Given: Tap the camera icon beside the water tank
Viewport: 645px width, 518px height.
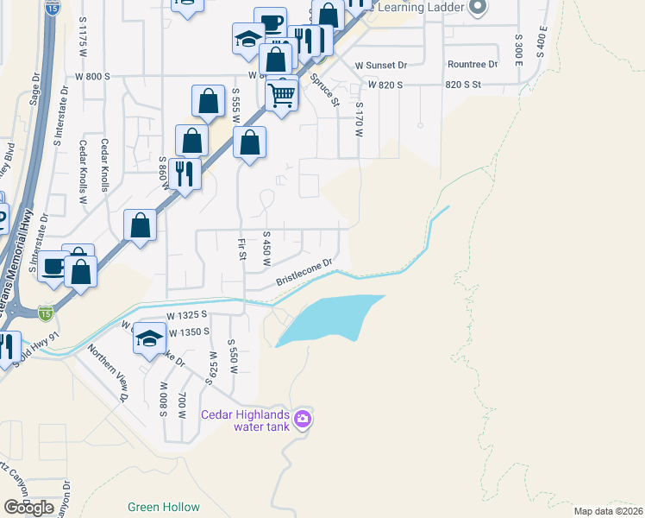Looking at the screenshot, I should coord(302,420).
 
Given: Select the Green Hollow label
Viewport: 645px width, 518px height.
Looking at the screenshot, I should coord(164,507).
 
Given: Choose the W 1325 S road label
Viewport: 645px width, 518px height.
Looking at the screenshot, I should coord(190,317).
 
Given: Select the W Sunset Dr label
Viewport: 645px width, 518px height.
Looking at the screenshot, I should coord(380,65).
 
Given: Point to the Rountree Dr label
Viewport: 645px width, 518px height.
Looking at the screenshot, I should coord(473,65).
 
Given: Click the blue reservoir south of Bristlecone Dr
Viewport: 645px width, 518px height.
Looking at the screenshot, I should coord(328,318).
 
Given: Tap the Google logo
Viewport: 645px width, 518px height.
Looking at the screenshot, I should coord(29,507).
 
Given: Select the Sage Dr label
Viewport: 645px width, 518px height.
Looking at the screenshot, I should coord(35,88).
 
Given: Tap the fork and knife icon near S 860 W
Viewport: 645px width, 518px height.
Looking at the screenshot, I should coord(185,174).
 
